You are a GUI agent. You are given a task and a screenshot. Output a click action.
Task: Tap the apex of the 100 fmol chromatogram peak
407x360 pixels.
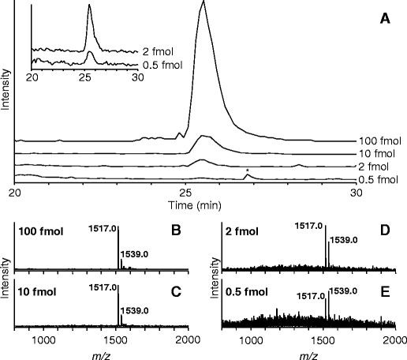(x=203, y=2)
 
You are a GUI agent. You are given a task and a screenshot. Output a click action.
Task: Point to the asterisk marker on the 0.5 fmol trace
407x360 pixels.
(x=248, y=171)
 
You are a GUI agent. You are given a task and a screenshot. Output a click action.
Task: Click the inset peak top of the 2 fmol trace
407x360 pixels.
(x=89, y=7)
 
